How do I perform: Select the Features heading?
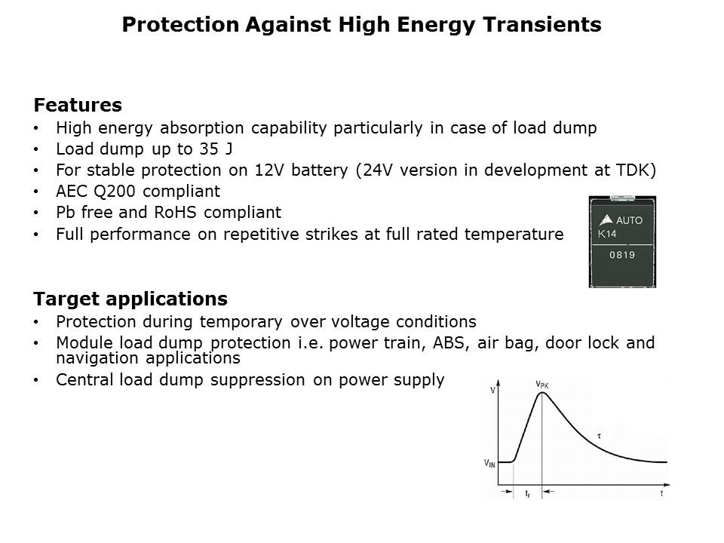point(78,105)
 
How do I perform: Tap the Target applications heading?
point(130,299)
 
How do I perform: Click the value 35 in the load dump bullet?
point(209,149)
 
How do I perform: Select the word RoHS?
point(175,213)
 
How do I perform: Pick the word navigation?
point(97,358)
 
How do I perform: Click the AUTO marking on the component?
point(629,221)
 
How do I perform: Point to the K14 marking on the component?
point(606,234)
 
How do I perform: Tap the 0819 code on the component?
point(622,255)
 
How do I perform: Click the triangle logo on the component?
point(606,219)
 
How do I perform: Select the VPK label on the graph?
point(542,385)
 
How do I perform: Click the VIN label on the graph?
point(489,463)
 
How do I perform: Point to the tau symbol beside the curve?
point(599,436)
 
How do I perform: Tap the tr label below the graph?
point(528,494)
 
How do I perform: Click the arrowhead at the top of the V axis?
point(499,383)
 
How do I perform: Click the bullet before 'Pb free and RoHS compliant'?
point(36,213)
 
